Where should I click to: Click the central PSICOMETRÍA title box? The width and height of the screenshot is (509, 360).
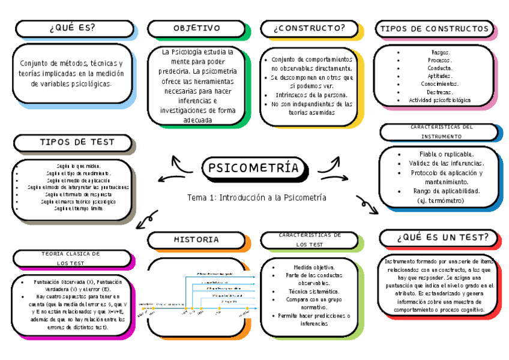(x=253, y=169)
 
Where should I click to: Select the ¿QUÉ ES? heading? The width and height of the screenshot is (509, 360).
(x=73, y=29)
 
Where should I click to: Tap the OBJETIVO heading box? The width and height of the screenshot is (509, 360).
(x=197, y=29)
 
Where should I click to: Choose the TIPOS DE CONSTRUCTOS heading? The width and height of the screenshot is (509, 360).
(x=434, y=29)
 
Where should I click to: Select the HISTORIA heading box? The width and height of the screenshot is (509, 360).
(x=197, y=239)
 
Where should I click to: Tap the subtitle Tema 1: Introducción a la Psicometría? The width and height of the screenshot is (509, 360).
(x=256, y=197)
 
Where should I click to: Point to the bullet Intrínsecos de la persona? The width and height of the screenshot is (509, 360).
(x=310, y=95)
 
